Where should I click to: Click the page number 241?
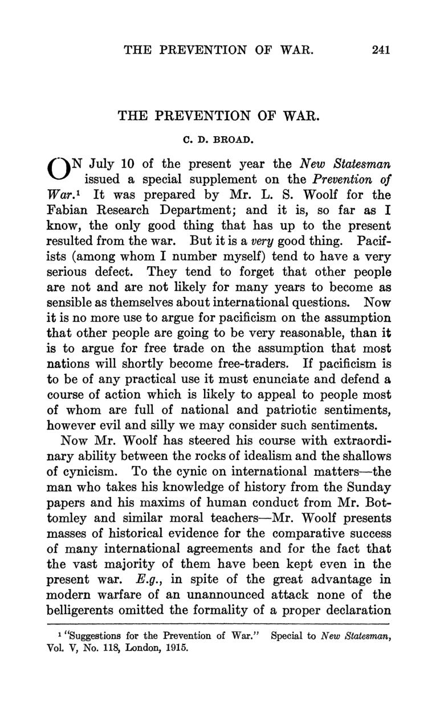[380, 50]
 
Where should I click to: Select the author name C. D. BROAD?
[219, 138]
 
